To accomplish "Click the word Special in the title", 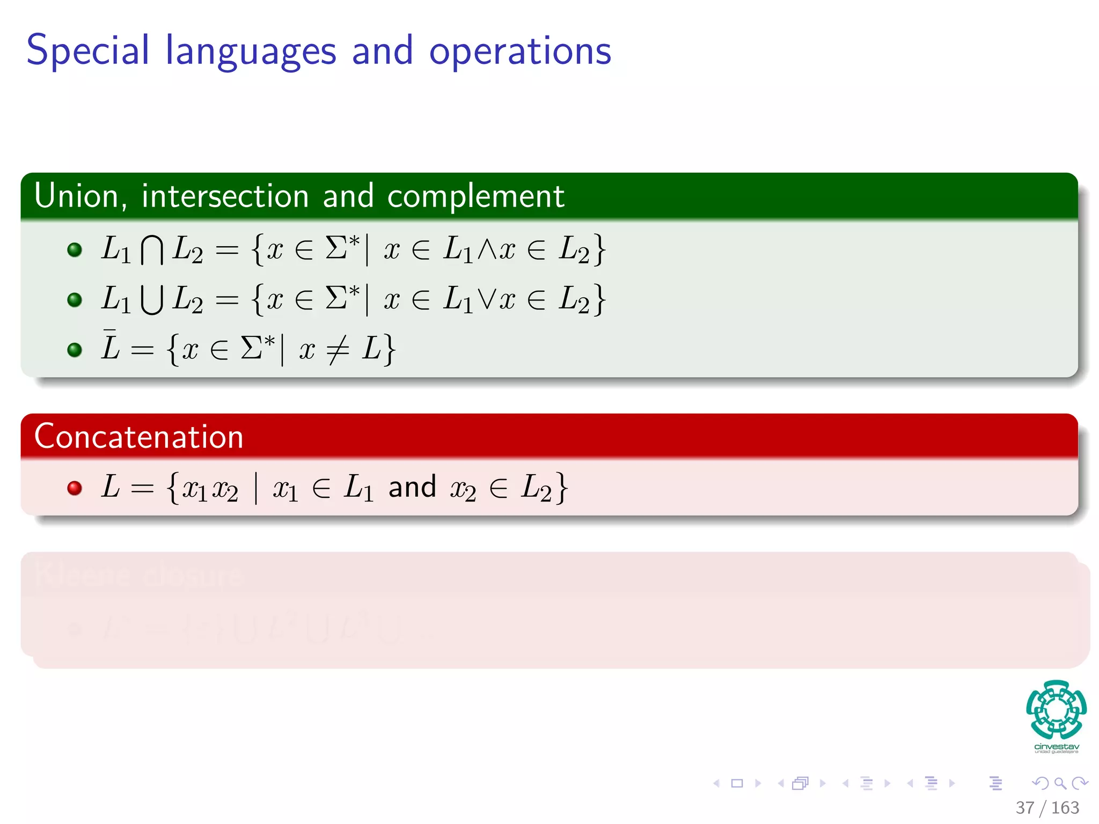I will pyautogui.click(x=87, y=51).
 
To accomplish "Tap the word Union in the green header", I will pyautogui.click(x=77, y=196).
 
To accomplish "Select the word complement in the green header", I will pyautogui.click(x=475, y=196).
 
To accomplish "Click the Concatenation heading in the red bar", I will pyautogui.click(x=139, y=437).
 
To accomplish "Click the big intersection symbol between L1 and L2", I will pyautogui.click(x=152, y=250).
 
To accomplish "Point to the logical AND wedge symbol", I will pyautogui.click(x=487, y=249).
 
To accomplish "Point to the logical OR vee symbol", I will pyautogui.click(x=487, y=299).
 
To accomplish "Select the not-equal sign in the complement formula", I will pyautogui.click(x=338, y=350).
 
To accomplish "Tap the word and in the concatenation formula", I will pyautogui.click(x=412, y=487).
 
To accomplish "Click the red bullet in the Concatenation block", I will pyautogui.click(x=75, y=488).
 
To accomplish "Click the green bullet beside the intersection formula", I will pyautogui.click(x=75, y=249).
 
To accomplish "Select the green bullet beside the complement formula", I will pyautogui.click(x=75, y=350).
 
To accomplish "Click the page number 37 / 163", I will pyautogui.click(x=1047, y=807).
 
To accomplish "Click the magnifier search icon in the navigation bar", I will pyautogui.click(x=1060, y=783).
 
